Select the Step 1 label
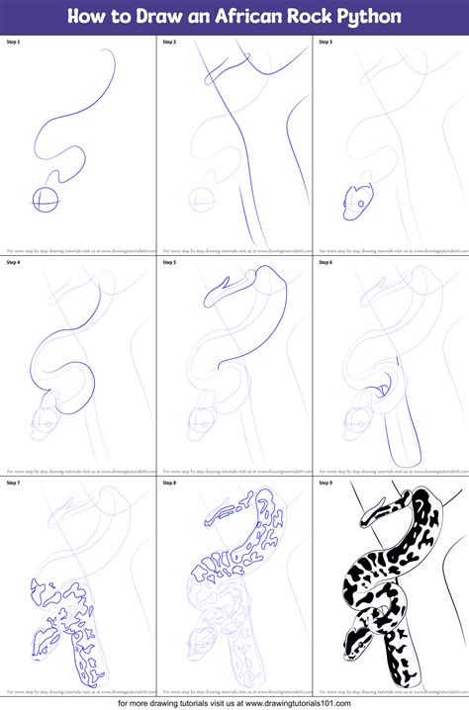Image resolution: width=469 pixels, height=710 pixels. pyautogui.click(x=13, y=43)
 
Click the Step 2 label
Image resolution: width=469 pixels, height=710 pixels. pyautogui.click(x=168, y=43)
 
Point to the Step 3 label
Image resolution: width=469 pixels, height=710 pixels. pyautogui.click(x=325, y=43)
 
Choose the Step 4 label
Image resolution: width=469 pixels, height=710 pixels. pyautogui.click(x=13, y=262)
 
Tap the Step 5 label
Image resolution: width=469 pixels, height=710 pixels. pyautogui.click(x=168, y=262)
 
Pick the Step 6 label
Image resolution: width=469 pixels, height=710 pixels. pyautogui.click(x=325, y=262)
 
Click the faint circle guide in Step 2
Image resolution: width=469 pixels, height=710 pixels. pyautogui.click(x=201, y=198)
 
